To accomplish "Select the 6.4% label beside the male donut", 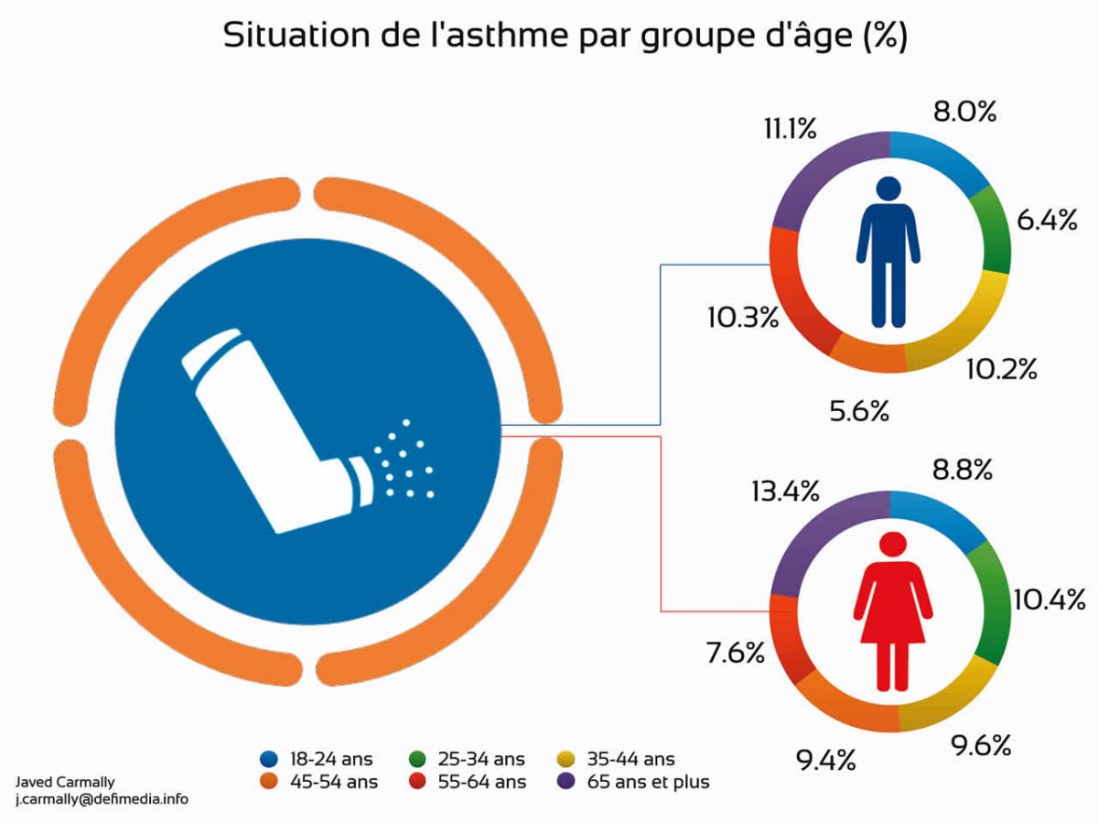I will point(1047,221).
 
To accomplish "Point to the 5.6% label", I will point(859,411).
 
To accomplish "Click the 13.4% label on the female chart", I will point(784,492).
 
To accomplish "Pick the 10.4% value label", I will point(1049,600).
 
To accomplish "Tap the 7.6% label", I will point(735,653).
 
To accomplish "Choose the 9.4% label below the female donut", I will point(825,759).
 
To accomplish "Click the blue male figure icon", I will point(888,252).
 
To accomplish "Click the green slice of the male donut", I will point(994,228).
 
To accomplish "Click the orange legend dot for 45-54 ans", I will point(269,782).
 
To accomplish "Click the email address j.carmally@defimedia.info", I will point(102,798).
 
